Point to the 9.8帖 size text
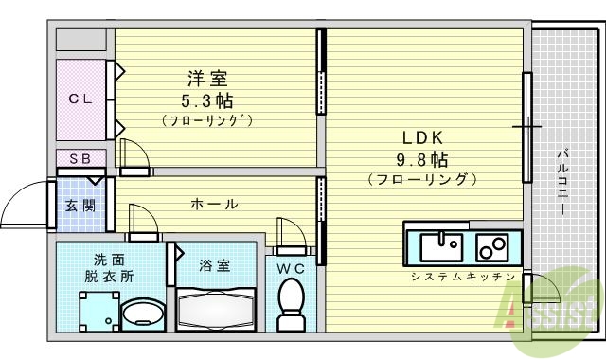point(422,158)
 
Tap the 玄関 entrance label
point(80,206)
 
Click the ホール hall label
point(214,204)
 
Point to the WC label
point(290,268)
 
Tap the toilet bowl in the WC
point(291,307)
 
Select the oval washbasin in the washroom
point(144,313)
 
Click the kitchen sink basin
point(439,247)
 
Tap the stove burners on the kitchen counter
point(491,247)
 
